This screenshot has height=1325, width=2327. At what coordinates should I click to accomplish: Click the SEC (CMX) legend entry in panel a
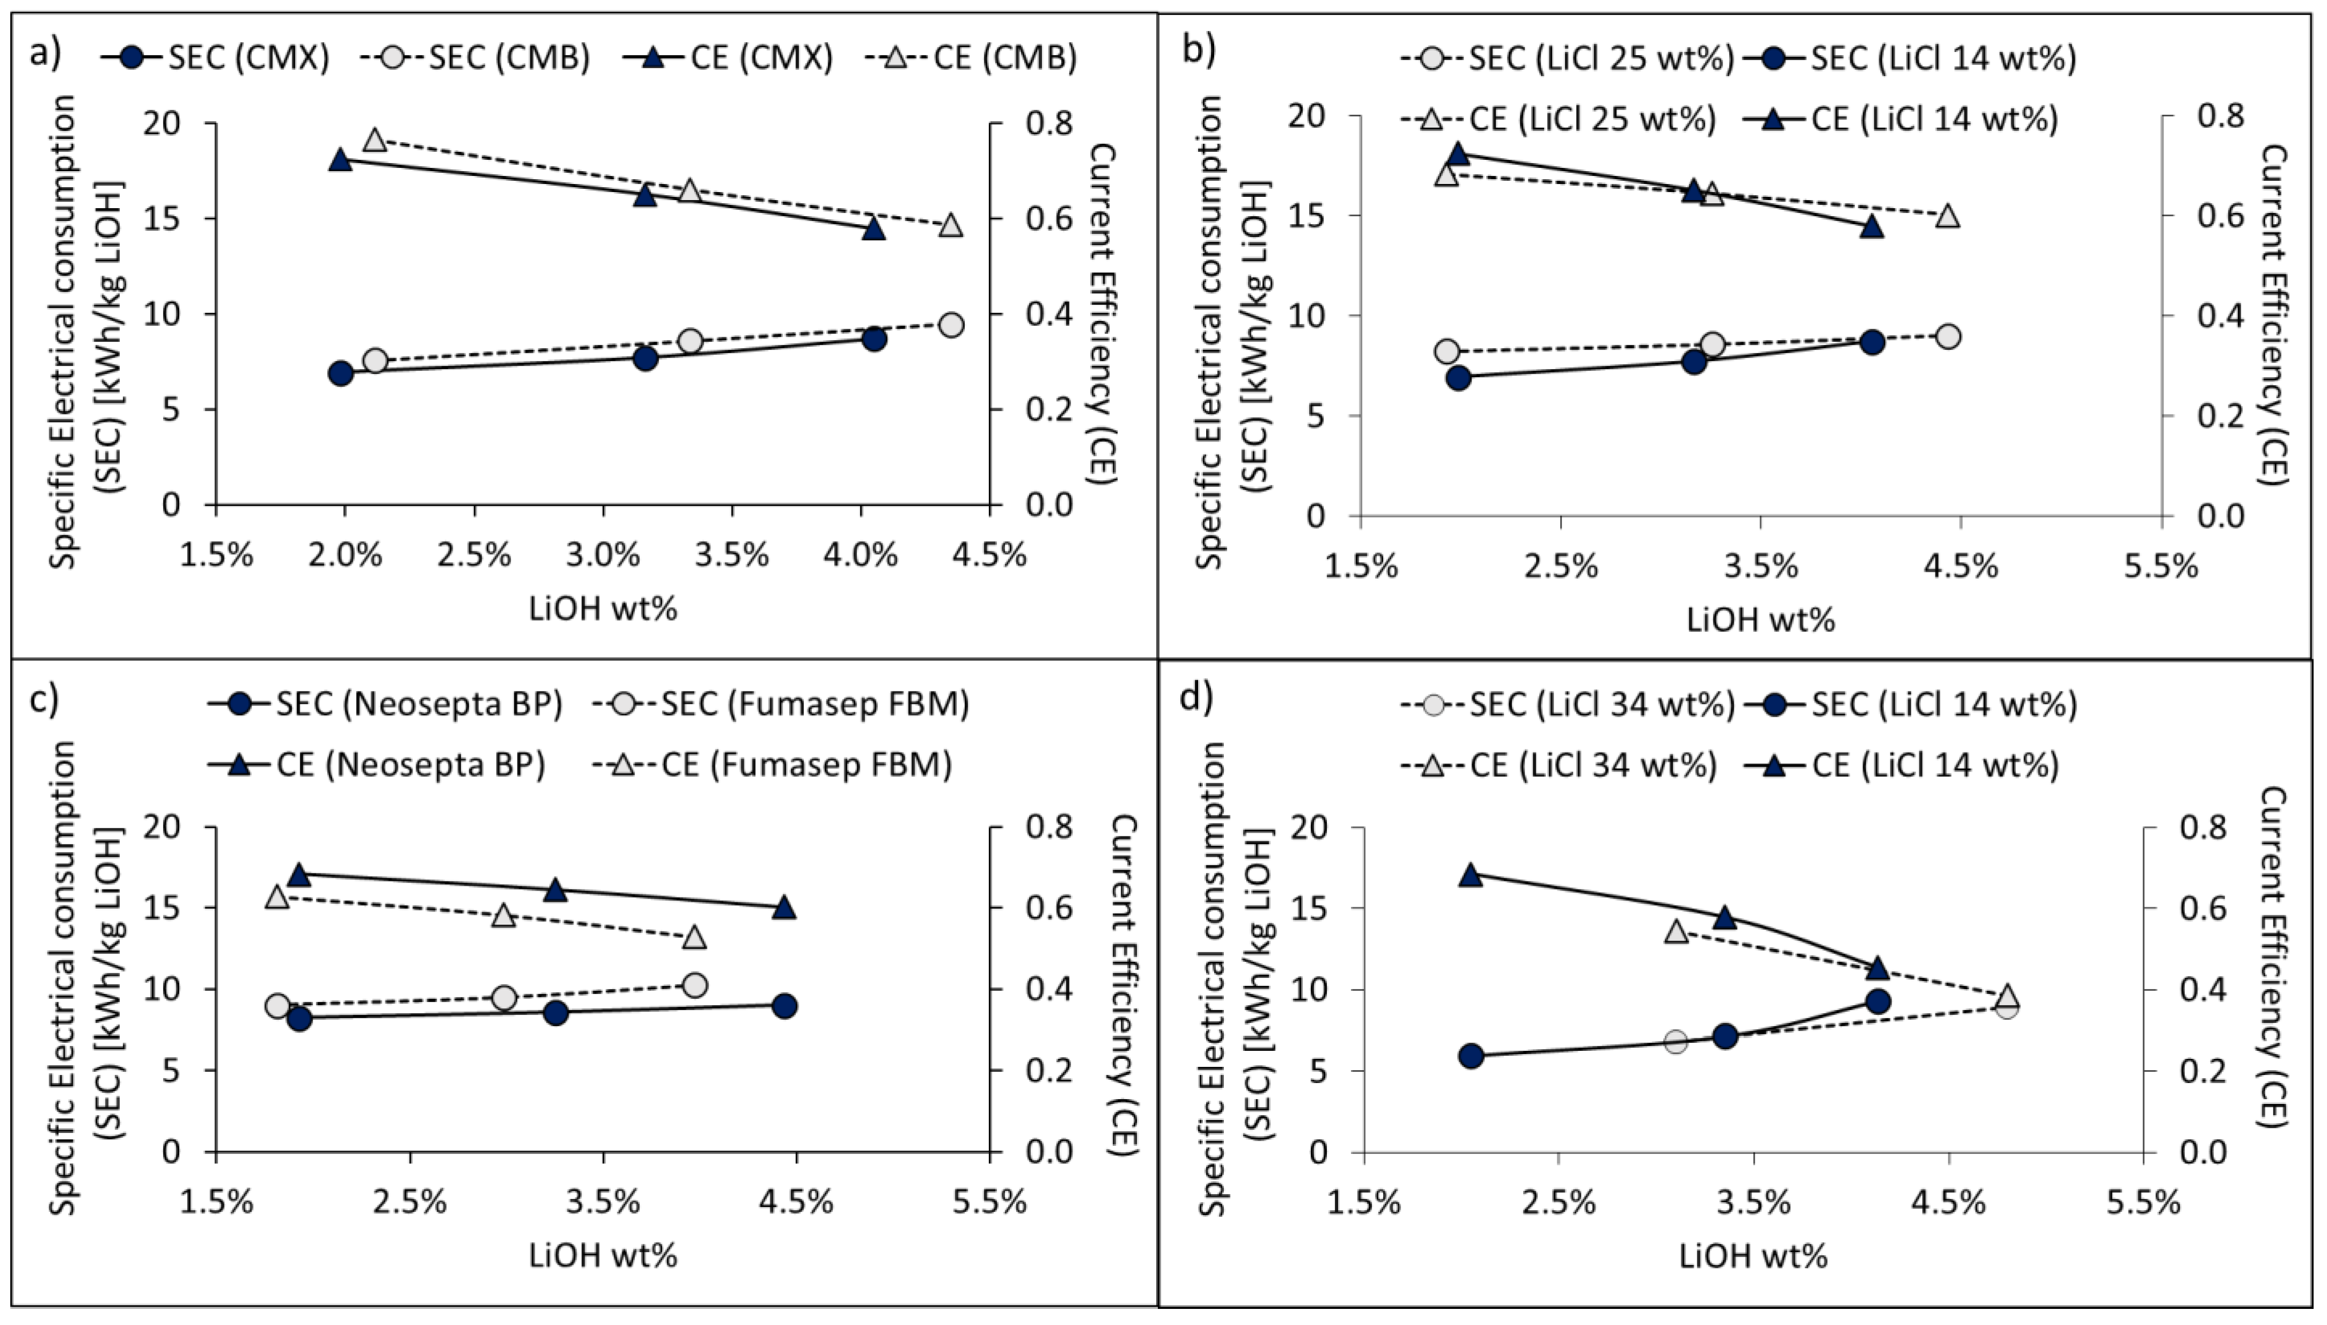tap(215, 57)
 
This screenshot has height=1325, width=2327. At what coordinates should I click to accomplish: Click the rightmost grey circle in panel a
tap(951, 325)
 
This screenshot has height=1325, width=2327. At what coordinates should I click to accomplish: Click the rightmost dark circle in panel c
tap(784, 1006)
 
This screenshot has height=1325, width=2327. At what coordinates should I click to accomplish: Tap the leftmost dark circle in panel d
tap(1471, 1056)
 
